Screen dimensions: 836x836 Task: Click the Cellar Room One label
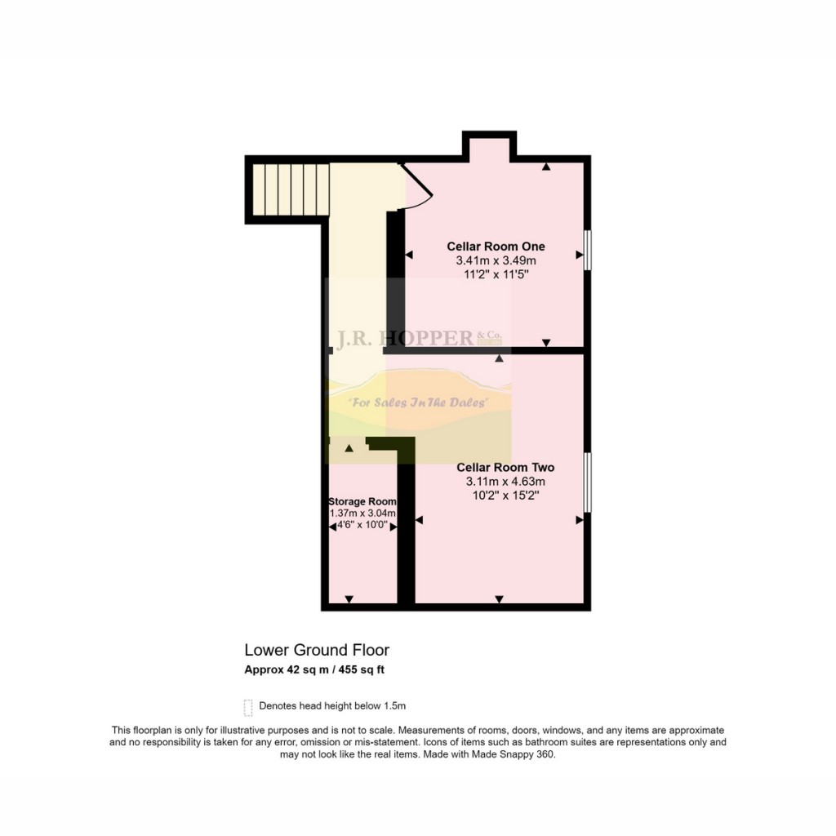(496, 247)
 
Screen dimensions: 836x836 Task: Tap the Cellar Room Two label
(505, 468)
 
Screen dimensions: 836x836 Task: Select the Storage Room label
(362, 502)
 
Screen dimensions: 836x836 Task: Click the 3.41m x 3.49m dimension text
(496, 260)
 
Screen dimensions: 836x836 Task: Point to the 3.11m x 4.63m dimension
(505, 482)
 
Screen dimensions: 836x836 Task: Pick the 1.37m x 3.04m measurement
(362, 514)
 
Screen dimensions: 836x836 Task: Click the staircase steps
(291, 189)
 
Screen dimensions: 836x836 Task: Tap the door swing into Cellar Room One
(417, 187)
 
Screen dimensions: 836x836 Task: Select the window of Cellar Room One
(588, 250)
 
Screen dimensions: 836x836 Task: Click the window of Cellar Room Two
(588, 482)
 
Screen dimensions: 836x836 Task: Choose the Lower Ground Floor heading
(317, 650)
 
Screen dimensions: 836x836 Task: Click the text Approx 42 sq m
(287, 669)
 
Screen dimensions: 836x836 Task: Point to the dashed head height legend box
(248, 708)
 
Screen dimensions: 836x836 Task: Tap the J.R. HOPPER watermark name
(404, 338)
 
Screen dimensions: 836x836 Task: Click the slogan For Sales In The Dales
(419, 402)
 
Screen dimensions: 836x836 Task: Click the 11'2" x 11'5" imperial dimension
(496, 274)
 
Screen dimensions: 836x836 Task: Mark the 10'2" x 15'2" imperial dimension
(505, 496)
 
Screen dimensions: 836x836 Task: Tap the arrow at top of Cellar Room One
(546, 167)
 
